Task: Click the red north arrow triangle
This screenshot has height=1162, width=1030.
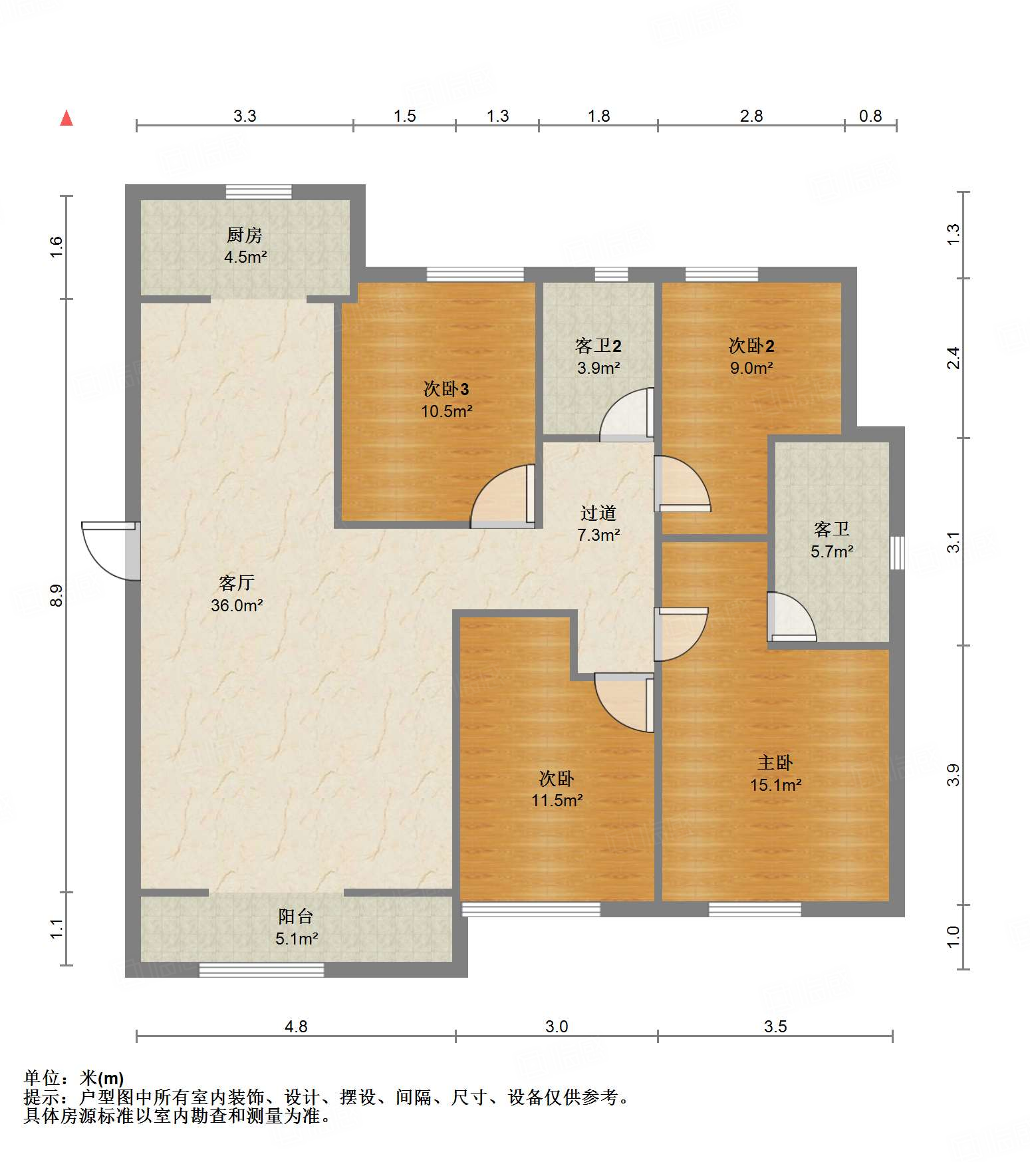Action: tap(66, 118)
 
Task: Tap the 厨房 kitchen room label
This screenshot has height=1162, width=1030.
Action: tap(245, 235)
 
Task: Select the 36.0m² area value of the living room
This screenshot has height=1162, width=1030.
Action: tap(237, 605)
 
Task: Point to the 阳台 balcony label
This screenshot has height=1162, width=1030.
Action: tap(296, 917)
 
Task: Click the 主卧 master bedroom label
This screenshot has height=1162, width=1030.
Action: tap(775, 762)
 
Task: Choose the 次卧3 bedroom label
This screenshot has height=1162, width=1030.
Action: tap(446, 389)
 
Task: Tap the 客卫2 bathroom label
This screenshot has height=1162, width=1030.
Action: tap(598, 346)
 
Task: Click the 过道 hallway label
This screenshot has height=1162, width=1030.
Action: tap(598, 513)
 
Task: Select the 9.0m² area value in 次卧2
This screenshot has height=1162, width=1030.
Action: tap(751, 368)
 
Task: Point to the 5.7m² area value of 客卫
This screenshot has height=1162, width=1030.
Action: tap(832, 551)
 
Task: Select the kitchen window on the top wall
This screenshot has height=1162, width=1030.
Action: tap(259, 192)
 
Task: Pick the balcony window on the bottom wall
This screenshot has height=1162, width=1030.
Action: tap(261, 970)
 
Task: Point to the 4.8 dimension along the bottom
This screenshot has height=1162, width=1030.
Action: tap(296, 1026)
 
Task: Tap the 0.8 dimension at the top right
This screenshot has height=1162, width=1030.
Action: tap(870, 116)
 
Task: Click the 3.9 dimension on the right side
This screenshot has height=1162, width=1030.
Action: tap(954, 775)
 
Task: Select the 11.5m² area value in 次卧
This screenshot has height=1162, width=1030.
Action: tap(557, 800)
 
